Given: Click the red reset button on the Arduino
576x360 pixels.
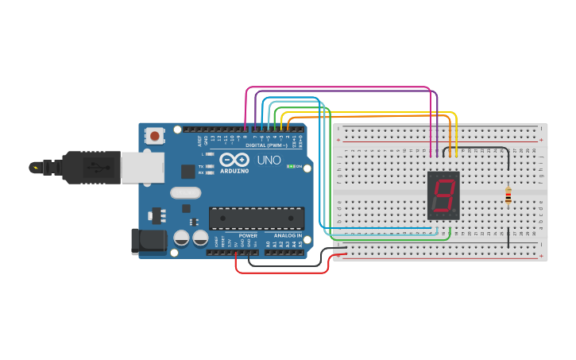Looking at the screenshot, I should pyautogui.click(x=154, y=136).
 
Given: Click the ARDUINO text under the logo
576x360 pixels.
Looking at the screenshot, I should pyautogui.click(x=234, y=171).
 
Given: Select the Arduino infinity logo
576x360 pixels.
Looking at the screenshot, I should pyautogui.click(x=234, y=160).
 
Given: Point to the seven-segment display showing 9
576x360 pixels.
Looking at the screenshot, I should pyautogui.click(x=443, y=195).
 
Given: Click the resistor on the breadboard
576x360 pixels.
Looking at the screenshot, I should pyautogui.click(x=508, y=195).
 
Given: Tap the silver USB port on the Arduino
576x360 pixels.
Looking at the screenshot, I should pyautogui.click(x=143, y=168).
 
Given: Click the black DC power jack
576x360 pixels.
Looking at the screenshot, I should pyautogui.click(x=149, y=242).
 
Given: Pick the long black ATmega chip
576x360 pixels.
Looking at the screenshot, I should pyautogui.click(x=256, y=218).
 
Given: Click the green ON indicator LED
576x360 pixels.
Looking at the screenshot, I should pyautogui.click(x=291, y=167).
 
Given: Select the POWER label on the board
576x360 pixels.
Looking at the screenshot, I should pyautogui.click(x=248, y=236).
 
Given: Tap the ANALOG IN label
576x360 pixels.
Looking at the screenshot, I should pyautogui.click(x=288, y=236).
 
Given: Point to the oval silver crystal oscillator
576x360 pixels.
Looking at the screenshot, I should pyautogui.click(x=186, y=192).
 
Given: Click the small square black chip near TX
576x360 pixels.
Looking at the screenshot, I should pyautogui.click(x=188, y=172).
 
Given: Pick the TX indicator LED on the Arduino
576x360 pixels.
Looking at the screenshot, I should pyautogui.click(x=209, y=166).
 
